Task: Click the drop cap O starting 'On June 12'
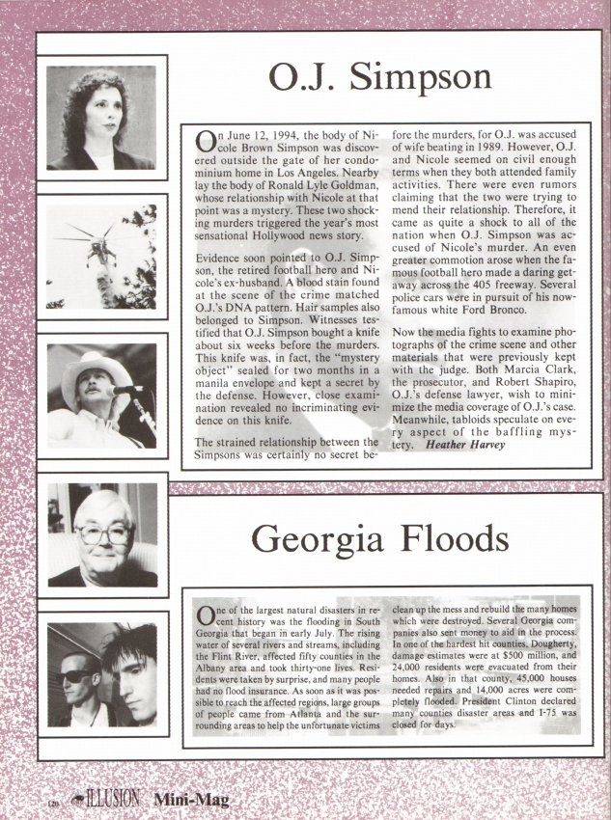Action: [206, 142]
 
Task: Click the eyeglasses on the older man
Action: [102, 533]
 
